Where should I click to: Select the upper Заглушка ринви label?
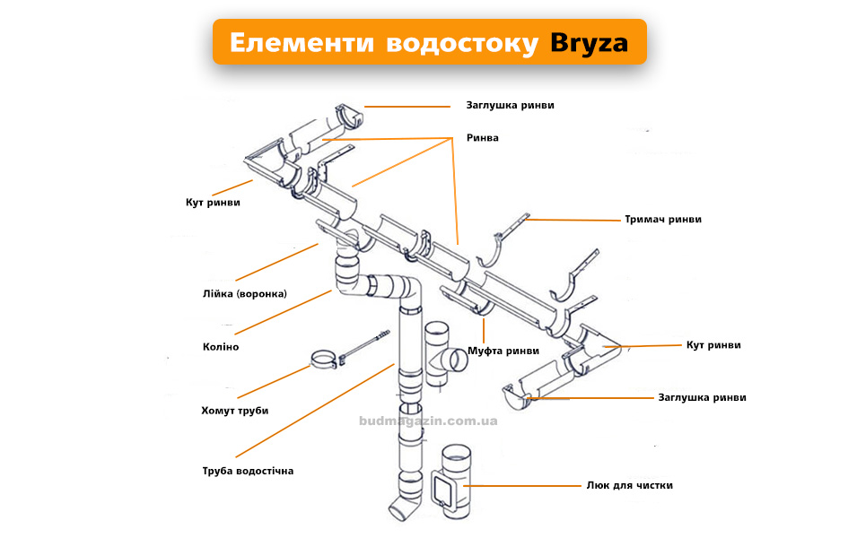(510, 105)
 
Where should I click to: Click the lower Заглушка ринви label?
(702, 397)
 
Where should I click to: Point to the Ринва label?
(482, 138)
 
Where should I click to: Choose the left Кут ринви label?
(213, 203)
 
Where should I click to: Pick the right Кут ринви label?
(713, 344)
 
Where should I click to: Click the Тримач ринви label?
(663, 219)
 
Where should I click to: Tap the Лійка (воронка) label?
(245, 293)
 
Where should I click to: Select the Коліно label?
(221, 346)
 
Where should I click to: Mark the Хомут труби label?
(234, 411)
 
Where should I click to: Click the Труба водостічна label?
(249, 471)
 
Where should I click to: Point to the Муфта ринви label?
(503, 351)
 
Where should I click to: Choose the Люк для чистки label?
(630, 485)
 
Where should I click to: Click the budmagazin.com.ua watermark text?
(428, 420)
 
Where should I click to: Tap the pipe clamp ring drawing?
(325, 360)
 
